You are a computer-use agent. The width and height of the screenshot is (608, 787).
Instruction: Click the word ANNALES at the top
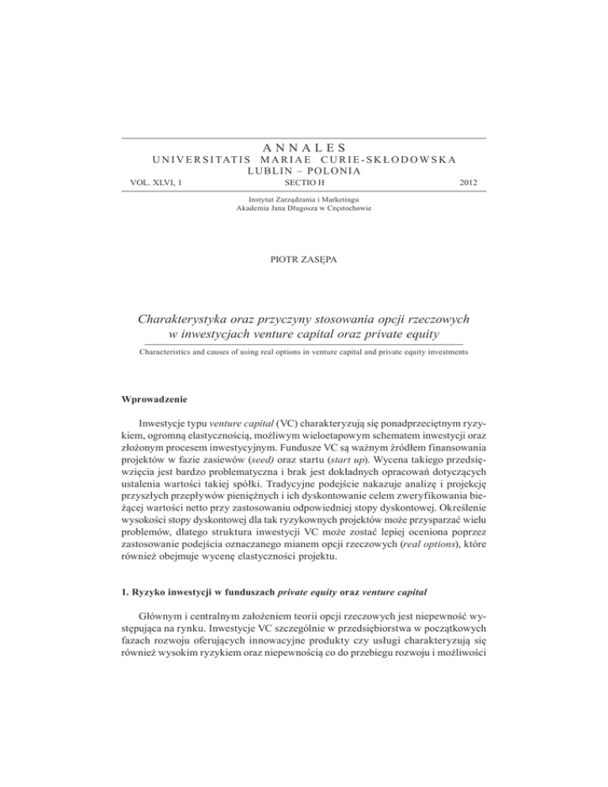click(x=304, y=146)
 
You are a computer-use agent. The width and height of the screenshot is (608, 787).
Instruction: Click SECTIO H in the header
click(x=304, y=184)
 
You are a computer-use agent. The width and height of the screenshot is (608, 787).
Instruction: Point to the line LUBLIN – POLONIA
click(x=304, y=170)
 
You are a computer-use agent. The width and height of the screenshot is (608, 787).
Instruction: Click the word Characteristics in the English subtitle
click(x=169, y=354)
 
